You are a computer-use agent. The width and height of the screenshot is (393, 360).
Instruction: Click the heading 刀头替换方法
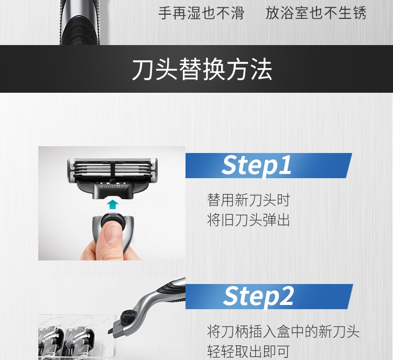tap(202, 69)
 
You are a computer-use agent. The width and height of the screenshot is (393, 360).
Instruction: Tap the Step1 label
tap(256, 165)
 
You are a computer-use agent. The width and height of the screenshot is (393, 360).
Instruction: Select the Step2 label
tap(258, 296)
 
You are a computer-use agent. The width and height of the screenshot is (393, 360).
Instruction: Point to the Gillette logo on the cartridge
tap(113, 186)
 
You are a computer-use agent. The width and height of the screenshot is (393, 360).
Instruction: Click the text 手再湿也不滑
tap(201, 13)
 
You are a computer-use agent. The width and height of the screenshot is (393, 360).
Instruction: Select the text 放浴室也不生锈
tap(316, 13)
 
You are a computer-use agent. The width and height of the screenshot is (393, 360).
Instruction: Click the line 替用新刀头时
tap(248, 200)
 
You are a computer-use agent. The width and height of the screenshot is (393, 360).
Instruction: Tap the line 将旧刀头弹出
tap(248, 220)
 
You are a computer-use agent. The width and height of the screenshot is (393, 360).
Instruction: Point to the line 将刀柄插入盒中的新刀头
tap(283, 331)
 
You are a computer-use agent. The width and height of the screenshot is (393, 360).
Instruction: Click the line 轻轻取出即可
tap(248, 351)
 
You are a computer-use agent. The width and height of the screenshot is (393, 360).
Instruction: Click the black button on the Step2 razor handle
tap(128, 317)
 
